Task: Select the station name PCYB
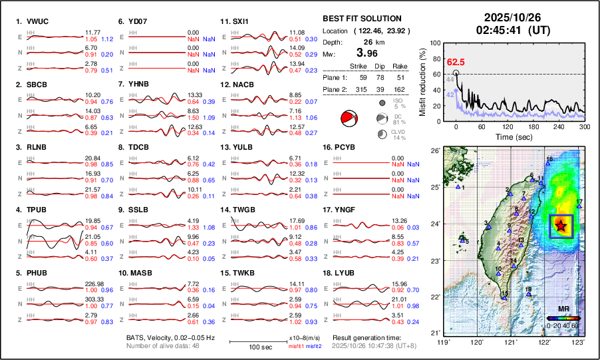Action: coord(349,147)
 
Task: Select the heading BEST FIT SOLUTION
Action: coord(361,19)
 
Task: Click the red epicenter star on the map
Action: coord(561,226)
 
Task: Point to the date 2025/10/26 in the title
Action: coord(511,18)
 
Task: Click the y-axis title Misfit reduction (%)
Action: coord(423,81)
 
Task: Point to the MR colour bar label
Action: coord(562,309)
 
